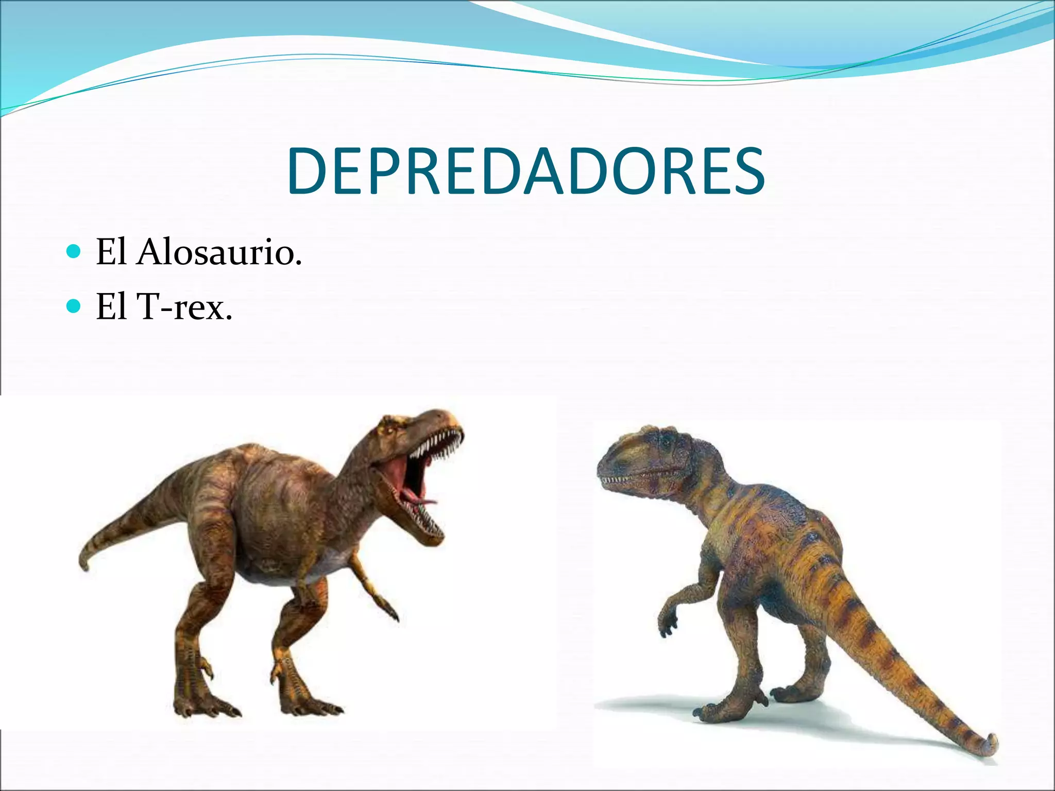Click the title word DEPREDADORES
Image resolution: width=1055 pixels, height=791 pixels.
(x=526, y=171)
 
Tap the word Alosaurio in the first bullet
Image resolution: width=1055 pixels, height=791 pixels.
(x=218, y=252)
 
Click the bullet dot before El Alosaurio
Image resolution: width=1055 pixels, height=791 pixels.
(x=74, y=252)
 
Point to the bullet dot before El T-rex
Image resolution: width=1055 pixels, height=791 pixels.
(x=74, y=306)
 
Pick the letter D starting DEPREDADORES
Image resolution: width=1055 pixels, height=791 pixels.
(x=308, y=171)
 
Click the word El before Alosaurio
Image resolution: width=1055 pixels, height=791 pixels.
(x=111, y=252)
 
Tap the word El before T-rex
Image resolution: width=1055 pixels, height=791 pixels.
(x=111, y=307)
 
